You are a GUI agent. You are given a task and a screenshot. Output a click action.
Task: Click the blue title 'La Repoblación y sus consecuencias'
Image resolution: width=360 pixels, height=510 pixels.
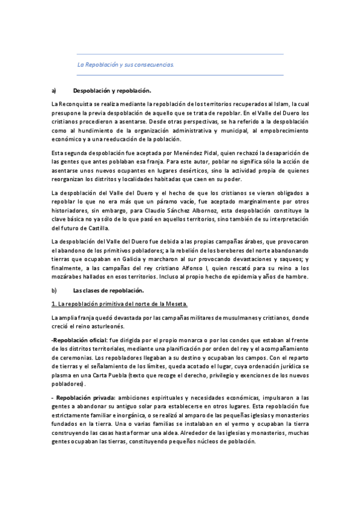[126, 64]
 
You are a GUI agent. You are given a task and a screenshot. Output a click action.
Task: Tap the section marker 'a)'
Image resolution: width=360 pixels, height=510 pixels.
[54, 91]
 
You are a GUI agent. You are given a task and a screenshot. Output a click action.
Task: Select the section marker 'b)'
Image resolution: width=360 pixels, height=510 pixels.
[54, 290]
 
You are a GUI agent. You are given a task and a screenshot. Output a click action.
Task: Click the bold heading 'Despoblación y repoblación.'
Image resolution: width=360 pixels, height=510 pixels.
[112, 91]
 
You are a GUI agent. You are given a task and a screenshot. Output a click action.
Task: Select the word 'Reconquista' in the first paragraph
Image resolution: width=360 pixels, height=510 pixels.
[75, 104]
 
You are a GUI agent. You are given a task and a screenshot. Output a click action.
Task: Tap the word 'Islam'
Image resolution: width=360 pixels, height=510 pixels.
[284, 104]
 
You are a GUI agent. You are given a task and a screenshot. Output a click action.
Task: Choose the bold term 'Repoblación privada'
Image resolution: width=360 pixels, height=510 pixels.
[86, 398]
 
